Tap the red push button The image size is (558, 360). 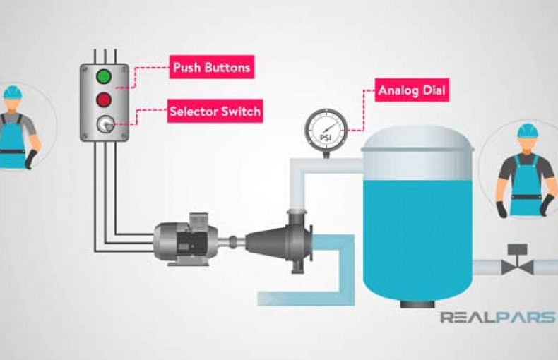tap(104, 99)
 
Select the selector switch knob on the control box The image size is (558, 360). tap(104, 124)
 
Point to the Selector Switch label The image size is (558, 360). tap(215, 112)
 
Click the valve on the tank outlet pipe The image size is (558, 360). tap(518, 263)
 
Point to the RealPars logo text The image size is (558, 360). tap(497, 317)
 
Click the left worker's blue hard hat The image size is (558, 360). tap(13, 92)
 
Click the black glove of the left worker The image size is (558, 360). tap(30, 160)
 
